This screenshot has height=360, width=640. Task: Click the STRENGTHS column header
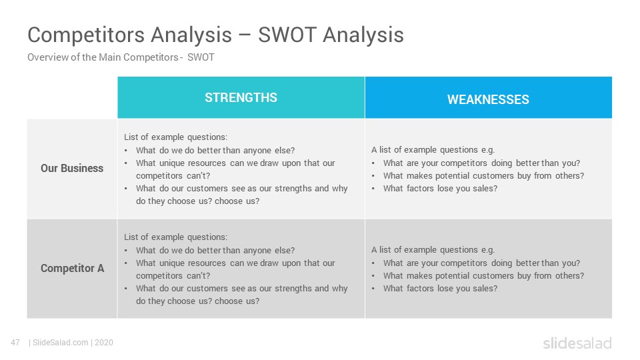click(x=241, y=97)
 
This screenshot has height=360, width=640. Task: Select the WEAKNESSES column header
click(x=488, y=99)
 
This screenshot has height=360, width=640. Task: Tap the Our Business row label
click(x=72, y=168)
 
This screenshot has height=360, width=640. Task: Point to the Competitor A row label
click(x=72, y=268)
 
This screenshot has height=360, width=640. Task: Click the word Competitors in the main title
click(x=87, y=35)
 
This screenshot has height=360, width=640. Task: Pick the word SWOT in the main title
click(x=287, y=35)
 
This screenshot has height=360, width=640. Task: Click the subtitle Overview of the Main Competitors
click(x=103, y=57)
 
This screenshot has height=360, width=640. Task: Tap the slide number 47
click(x=15, y=343)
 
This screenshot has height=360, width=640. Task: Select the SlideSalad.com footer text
click(x=60, y=343)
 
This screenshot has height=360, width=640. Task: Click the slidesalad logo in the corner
click(x=577, y=343)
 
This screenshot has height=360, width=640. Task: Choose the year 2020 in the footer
click(x=104, y=343)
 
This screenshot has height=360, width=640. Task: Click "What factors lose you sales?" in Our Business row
click(x=441, y=188)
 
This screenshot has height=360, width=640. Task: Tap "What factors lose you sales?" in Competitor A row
click(x=441, y=288)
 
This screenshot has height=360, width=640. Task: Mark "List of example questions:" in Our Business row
click(x=175, y=137)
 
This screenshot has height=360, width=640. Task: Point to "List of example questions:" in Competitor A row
click(x=175, y=237)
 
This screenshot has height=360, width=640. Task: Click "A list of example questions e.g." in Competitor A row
click(x=433, y=250)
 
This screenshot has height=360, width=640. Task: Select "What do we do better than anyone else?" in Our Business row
click(x=215, y=150)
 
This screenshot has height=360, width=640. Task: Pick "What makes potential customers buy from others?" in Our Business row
click(x=484, y=175)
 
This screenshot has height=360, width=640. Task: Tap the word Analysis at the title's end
click(x=363, y=35)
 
